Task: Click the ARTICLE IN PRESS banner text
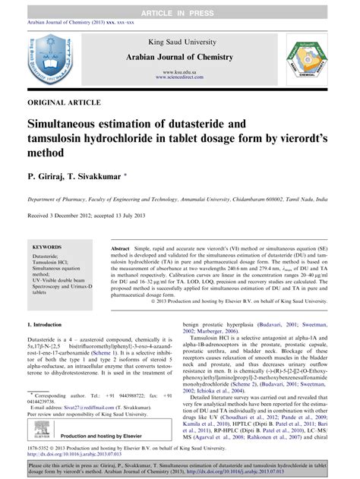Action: pyautogui.click(x=179, y=6)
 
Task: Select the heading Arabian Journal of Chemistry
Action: pyautogui.click(x=179, y=57)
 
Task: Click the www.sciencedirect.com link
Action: pyautogui.click(x=179, y=77)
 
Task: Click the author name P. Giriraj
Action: pyautogui.click(x=51, y=175)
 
